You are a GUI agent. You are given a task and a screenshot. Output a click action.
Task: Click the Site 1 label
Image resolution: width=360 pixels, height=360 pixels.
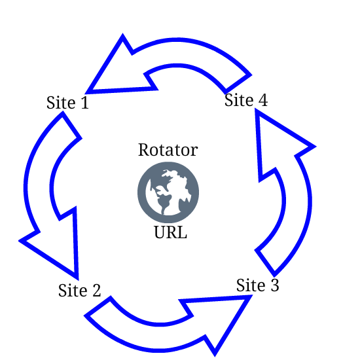[67, 103]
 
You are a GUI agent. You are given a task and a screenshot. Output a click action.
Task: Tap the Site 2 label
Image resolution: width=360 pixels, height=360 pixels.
[79, 291]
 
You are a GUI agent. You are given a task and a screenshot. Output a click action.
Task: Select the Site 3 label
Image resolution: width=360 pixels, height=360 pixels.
[258, 285]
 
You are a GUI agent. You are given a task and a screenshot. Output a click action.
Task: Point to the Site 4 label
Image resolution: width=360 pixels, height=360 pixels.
[246, 100]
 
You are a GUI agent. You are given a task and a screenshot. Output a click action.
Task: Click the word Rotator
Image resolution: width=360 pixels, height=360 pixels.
[168, 150]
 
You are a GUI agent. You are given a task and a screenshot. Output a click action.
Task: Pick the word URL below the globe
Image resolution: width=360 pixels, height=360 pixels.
[170, 232]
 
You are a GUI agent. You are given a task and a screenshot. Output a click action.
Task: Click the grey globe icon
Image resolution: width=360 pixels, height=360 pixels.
[168, 192]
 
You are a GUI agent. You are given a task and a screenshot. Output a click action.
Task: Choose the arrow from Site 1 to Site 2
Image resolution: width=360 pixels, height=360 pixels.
[38, 189]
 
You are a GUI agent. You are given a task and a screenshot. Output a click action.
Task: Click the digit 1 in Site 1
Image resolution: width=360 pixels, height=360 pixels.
[84, 103]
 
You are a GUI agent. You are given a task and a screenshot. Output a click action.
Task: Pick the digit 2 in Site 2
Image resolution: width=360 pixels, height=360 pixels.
[96, 291]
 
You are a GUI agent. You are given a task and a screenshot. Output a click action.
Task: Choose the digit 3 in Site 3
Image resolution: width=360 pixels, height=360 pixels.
[275, 285]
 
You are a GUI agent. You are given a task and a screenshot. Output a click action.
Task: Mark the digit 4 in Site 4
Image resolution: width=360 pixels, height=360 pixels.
[263, 100]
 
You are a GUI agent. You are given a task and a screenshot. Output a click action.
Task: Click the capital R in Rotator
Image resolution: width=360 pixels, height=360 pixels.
[144, 150]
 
